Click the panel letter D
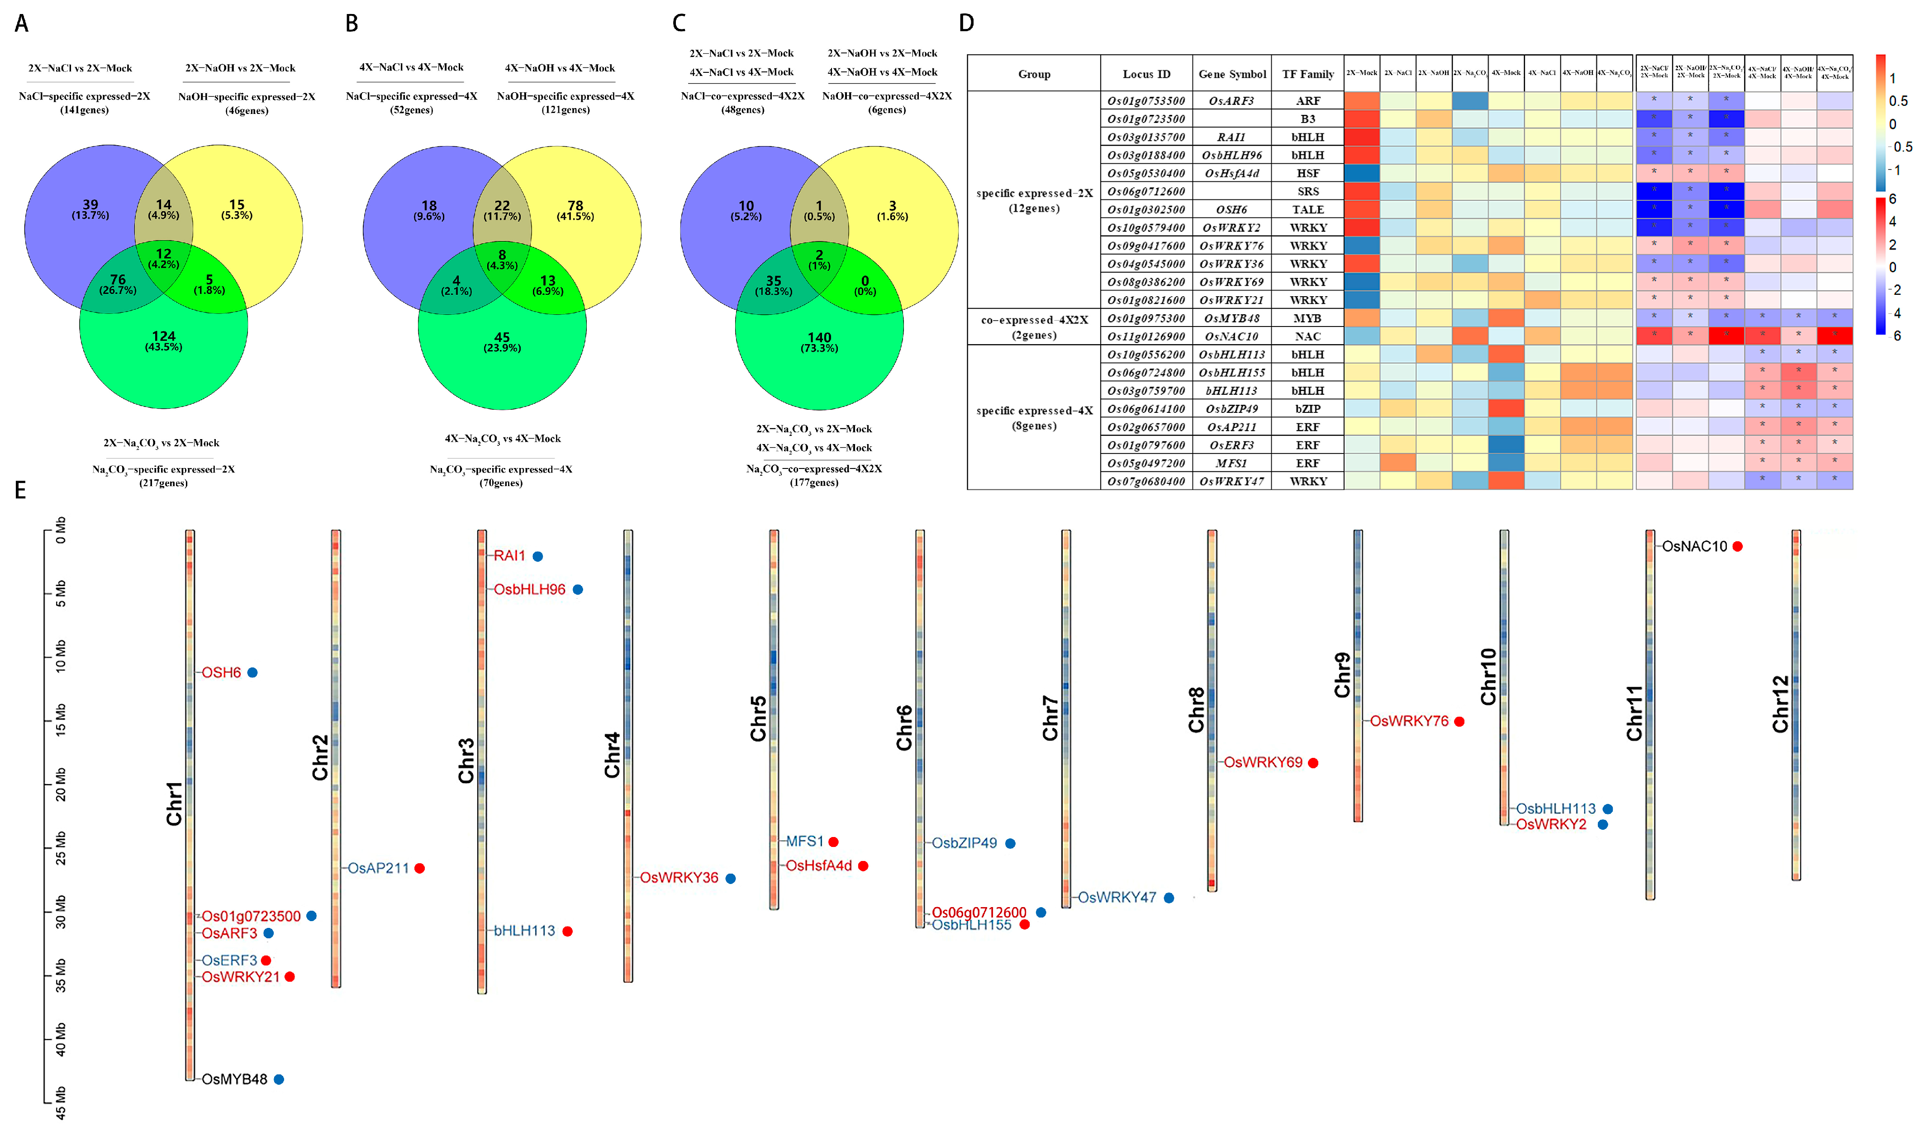click(x=966, y=24)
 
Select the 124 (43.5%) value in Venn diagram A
click(x=164, y=340)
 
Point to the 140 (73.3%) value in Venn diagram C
click(x=819, y=342)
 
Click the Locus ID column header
click(x=1146, y=74)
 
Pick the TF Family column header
click(x=1307, y=74)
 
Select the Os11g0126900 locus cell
click(x=1146, y=336)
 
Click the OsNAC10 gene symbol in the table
click(x=1231, y=336)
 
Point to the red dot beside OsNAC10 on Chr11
click(x=1737, y=546)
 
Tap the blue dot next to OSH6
click(x=252, y=672)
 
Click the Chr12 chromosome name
click(x=1780, y=704)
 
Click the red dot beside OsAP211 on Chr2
click(x=419, y=868)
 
